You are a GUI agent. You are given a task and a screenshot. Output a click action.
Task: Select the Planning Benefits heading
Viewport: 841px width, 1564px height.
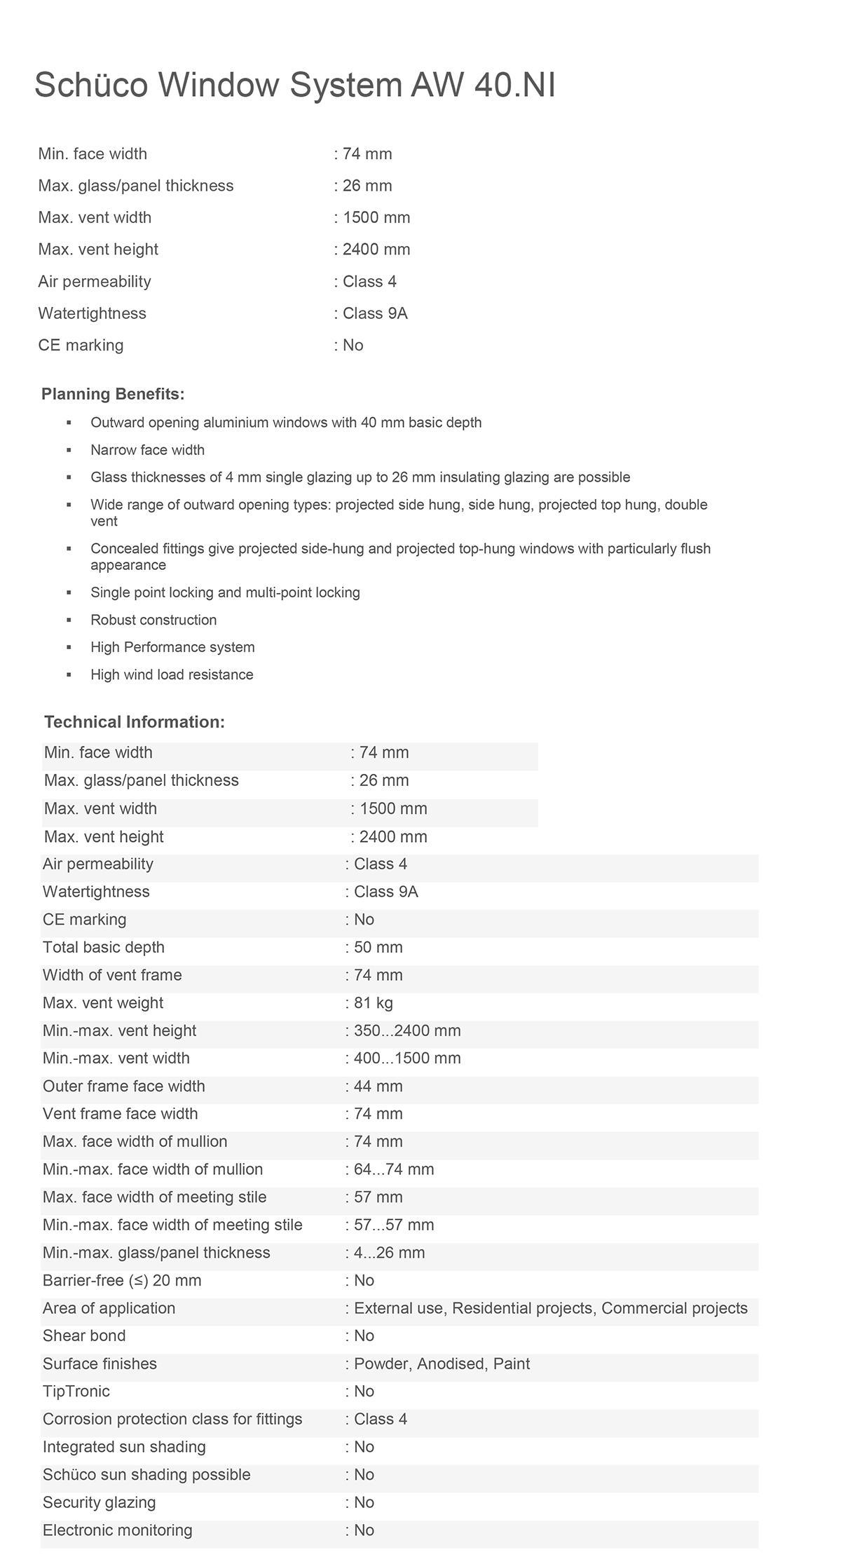(113, 394)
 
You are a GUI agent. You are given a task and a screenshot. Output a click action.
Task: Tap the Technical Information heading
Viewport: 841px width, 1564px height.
(135, 722)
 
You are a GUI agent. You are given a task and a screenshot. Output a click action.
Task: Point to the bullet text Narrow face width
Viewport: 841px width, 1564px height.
(147, 450)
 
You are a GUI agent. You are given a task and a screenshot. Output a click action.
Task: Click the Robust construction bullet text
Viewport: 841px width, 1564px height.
(153, 620)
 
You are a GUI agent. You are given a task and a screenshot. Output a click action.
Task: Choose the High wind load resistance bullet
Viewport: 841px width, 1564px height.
(172, 674)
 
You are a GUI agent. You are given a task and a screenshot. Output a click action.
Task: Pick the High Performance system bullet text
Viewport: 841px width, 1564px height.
(172, 647)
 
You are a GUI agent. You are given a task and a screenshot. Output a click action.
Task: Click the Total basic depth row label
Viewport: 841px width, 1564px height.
(104, 947)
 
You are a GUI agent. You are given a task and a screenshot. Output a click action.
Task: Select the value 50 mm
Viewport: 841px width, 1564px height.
(378, 947)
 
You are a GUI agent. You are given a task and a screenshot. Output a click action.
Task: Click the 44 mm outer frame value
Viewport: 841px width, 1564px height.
(378, 1086)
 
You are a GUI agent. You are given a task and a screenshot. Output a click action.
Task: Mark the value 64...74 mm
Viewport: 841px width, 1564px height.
(393, 1169)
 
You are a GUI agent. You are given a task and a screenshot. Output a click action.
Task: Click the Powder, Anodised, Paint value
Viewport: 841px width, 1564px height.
(442, 1364)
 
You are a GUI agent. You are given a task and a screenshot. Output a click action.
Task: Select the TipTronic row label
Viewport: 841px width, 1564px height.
(76, 1391)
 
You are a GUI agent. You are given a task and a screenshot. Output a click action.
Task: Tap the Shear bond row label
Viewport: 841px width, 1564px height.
(84, 1335)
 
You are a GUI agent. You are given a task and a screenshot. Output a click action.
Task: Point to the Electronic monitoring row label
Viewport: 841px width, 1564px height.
(117, 1530)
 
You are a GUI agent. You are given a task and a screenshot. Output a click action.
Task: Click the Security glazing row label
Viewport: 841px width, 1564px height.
(100, 1502)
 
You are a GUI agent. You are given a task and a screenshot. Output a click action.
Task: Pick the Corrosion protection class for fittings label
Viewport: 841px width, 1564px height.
(172, 1419)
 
